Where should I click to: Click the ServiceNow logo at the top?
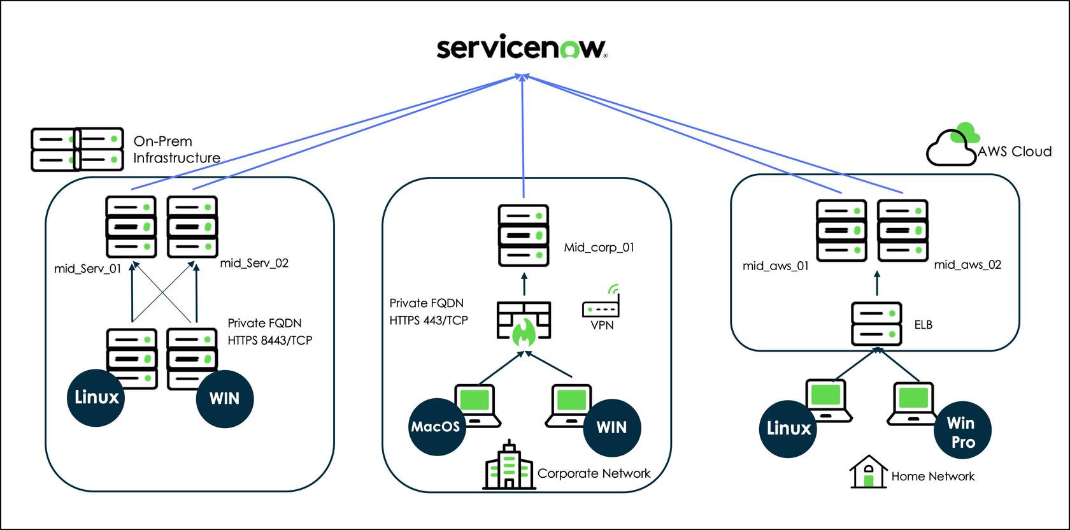coord(521,48)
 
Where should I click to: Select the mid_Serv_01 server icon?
coord(131,226)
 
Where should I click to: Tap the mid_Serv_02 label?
coord(254,263)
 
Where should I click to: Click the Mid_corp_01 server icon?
coord(523,235)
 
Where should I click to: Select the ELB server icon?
coord(876,324)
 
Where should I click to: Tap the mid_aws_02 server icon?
coord(902,230)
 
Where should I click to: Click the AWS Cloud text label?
coord(1015,152)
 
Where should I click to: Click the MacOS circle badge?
coord(436,427)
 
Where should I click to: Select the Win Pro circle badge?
coord(962,432)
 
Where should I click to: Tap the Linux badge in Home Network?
coord(788,428)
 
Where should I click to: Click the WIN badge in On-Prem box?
coord(225,399)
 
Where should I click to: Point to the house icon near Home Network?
coord(868,472)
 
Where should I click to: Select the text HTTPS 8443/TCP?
coord(270,341)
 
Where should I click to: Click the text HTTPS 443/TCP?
coord(429,320)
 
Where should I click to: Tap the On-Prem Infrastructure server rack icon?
coord(77,150)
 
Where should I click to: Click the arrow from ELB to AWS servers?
coord(877,283)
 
